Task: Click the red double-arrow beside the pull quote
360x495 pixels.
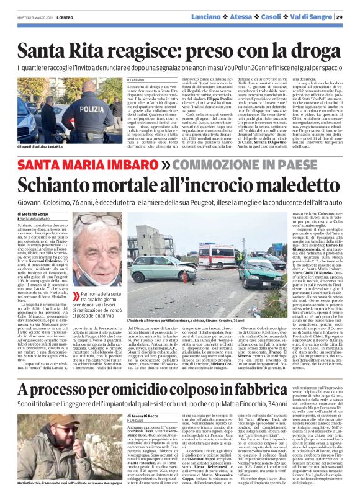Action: pos(76,296)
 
